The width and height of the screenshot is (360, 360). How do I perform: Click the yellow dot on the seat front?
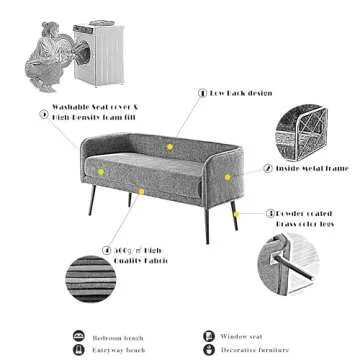[x=142, y=190]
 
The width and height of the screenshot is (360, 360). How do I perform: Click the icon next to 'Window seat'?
[x=209, y=337]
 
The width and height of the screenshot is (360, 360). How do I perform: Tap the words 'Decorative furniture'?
[x=251, y=351]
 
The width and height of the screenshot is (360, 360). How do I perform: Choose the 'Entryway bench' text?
[x=119, y=351]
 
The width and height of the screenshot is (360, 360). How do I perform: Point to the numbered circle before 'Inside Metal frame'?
[x=268, y=169]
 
